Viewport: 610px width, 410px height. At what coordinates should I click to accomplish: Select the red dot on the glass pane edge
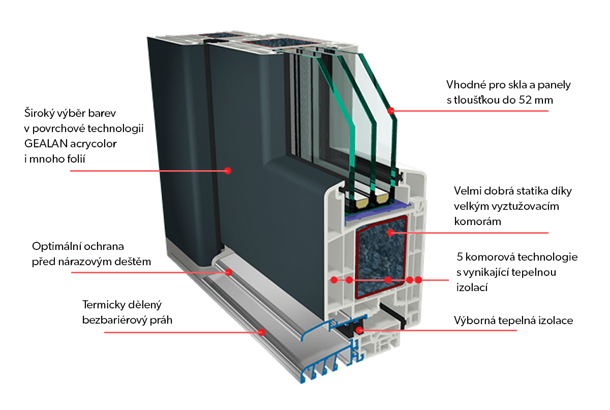point(391,110)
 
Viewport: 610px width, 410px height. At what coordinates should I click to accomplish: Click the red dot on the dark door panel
point(228,171)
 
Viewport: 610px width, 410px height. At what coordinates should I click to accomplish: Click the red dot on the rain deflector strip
point(229,272)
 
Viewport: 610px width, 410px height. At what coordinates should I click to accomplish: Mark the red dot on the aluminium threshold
point(262,332)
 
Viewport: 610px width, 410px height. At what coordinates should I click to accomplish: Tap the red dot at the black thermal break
point(360,330)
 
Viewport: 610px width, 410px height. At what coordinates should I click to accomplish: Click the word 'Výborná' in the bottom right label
point(473,321)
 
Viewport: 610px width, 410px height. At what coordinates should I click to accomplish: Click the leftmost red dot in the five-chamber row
point(333,280)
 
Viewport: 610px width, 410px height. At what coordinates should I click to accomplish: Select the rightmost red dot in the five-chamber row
point(418,280)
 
